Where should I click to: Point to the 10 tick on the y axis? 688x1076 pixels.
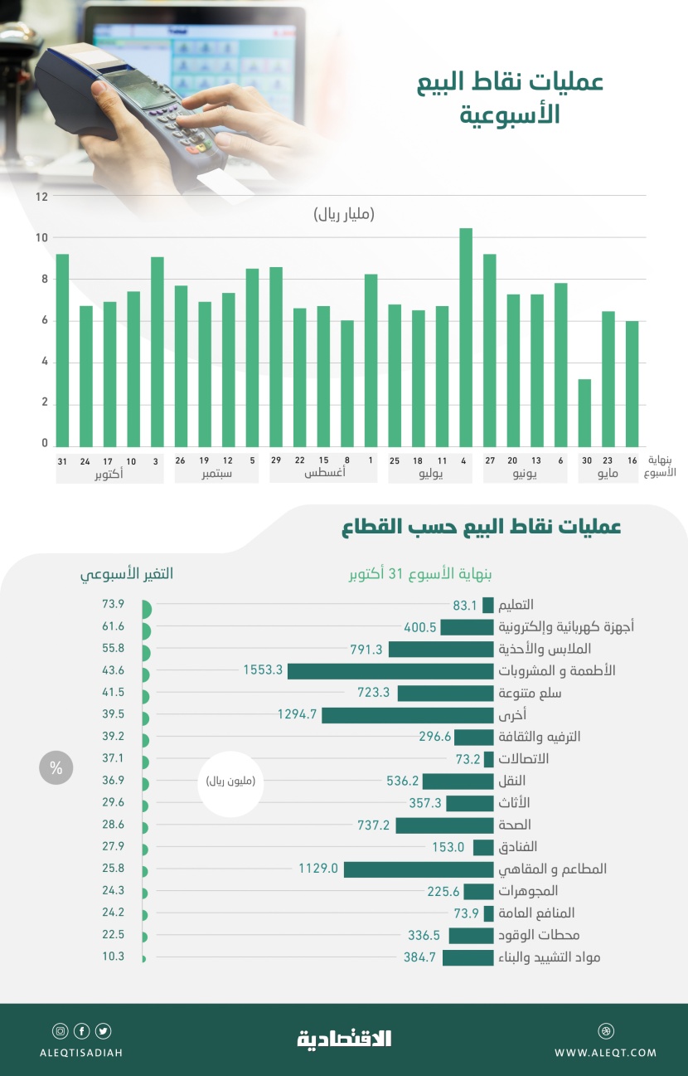(41, 238)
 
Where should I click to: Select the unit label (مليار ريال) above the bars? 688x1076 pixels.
(344, 215)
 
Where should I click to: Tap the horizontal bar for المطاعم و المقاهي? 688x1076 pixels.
(419, 869)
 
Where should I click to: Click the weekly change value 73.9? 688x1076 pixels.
(113, 604)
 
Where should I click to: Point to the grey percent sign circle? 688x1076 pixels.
(56, 767)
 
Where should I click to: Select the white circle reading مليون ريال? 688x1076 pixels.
(230, 781)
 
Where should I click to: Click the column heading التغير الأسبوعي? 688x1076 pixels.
(127, 574)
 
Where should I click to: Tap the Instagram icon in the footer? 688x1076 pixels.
(61, 1031)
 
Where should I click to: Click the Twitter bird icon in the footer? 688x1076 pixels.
(103, 1031)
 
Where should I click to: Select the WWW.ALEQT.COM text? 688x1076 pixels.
(605, 1053)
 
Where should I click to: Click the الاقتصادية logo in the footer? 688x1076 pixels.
(344, 1038)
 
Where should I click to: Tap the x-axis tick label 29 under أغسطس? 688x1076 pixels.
(276, 460)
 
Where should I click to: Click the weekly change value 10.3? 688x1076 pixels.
(113, 957)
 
